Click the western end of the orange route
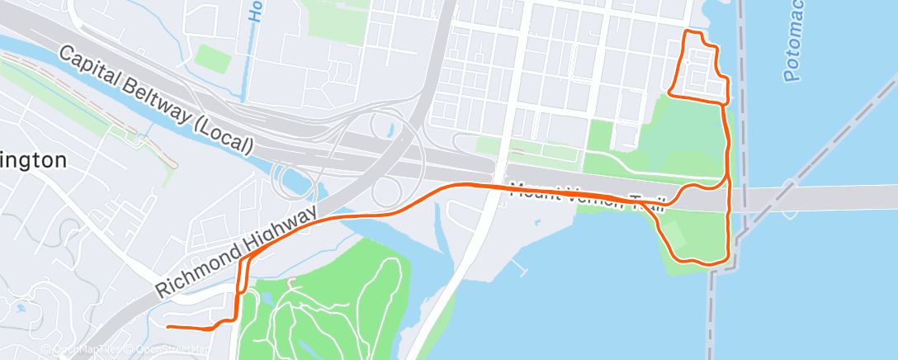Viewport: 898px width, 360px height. tap(168, 328)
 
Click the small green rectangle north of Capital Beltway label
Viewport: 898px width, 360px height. tap(214, 58)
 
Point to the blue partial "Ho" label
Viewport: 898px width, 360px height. tap(254, 12)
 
